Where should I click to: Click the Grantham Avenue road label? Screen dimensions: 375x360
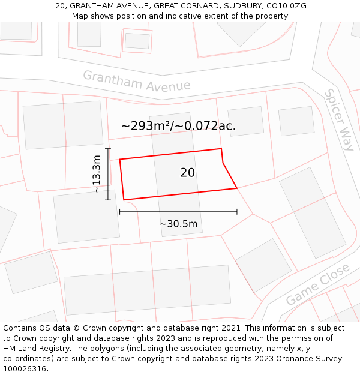click(x=136, y=81)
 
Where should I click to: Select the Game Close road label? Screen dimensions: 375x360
click(x=317, y=284)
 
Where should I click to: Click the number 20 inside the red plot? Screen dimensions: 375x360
click(x=187, y=173)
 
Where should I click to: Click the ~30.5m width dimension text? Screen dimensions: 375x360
click(x=178, y=224)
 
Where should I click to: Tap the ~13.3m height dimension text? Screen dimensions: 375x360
click(x=96, y=174)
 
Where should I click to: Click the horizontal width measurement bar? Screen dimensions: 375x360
click(x=178, y=211)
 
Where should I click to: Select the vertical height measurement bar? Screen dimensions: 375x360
click(x=108, y=174)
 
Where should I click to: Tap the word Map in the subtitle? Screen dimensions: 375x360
click(x=80, y=16)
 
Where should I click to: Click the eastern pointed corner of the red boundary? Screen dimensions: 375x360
click(x=237, y=188)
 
